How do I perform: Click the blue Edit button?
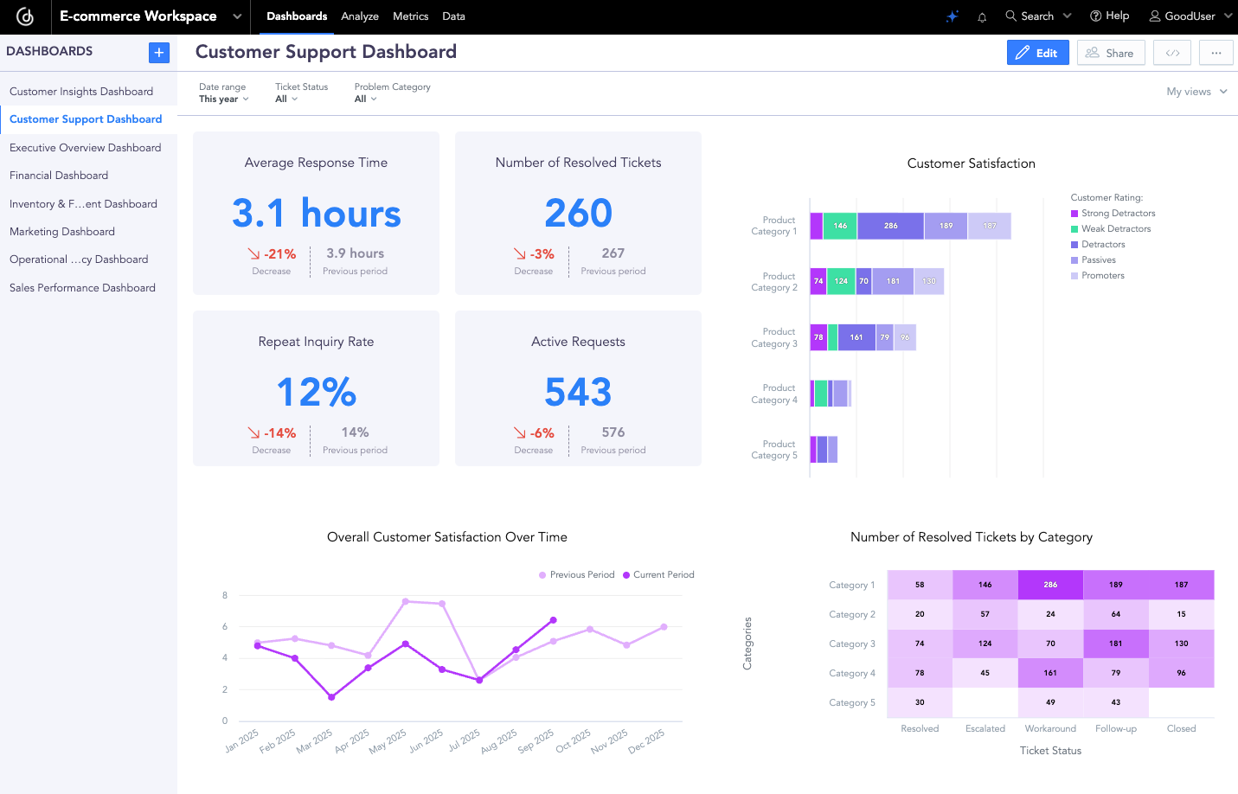(1037, 53)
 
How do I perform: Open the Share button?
(1110, 53)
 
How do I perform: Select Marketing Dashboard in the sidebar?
(62, 232)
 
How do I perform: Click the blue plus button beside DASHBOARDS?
(159, 53)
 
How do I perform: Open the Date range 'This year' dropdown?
(223, 99)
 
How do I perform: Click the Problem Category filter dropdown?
(366, 99)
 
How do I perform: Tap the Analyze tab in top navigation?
(360, 16)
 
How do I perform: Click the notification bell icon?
(982, 17)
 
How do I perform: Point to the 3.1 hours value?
(316, 213)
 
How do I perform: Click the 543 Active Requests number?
(578, 392)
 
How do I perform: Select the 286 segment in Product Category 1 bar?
(890, 226)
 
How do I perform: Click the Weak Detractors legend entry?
(1115, 229)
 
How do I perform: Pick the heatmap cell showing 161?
(1050, 673)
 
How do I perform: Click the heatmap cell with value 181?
(1116, 644)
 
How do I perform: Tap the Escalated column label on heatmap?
(985, 728)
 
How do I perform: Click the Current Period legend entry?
(663, 574)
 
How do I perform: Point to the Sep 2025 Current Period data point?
(554, 620)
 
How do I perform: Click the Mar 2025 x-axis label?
(315, 741)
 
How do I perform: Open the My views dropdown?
(1196, 92)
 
